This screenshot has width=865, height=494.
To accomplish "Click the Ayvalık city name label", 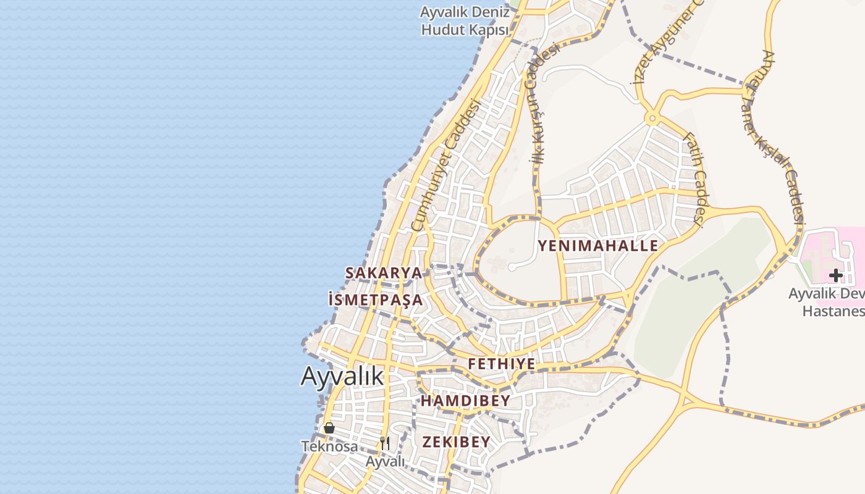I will pyautogui.click(x=342, y=376).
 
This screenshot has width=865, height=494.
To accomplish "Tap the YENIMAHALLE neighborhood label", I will pyautogui.click(x=597, y=246).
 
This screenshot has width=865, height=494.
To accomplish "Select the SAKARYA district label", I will pyautogui.click(x=384, y=273).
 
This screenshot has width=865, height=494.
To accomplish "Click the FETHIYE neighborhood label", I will pyautogui.click(x=501, y=364).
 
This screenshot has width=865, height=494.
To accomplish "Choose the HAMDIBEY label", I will pyautogui.click(x=465, y=401).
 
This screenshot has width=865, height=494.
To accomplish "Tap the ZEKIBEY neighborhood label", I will pyautogui.click(x=456, y=442).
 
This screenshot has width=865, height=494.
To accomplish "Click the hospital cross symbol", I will pyautogui.click(x=836, y=275).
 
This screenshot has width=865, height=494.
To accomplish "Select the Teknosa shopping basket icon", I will pyautogui.click(x=329, y=428).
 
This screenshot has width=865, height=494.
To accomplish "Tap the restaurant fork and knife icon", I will pyautogui.click(x=385, y=443).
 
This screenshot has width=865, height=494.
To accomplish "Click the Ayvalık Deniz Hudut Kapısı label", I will pyautogui.click(x=465, y=20).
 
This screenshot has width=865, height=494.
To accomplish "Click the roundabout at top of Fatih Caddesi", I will pyautogui.click(x=651, y=118).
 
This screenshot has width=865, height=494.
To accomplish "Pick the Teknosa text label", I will pyautogui.click(x=329, y=446).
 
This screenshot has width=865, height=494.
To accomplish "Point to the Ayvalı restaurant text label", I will pyautogui.click(x=385, y=462).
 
